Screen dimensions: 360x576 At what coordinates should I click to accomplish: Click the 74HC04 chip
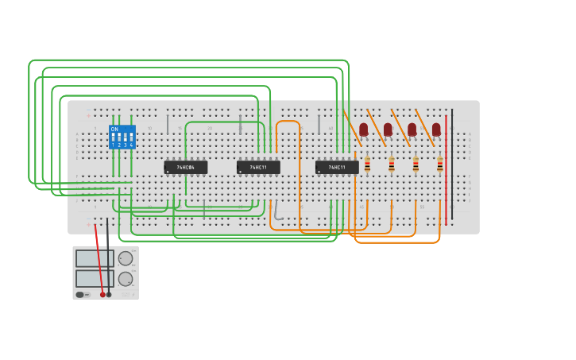coord(185,167)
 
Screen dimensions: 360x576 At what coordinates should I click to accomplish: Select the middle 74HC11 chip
coord(258,167)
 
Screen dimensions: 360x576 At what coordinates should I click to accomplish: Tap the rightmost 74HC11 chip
coord(337,167)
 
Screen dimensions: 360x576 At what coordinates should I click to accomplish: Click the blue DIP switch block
coord(122,137)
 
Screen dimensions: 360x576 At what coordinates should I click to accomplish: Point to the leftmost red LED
coord(363,129)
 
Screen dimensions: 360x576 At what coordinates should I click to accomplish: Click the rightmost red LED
coord(436,129)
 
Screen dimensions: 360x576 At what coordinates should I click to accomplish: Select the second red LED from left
coord(388,129)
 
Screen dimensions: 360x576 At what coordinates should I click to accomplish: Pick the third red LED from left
coord(412,129)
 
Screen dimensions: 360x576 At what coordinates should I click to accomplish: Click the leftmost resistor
coord(367,165)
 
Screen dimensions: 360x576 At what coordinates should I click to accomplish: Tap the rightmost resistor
coord(440,165)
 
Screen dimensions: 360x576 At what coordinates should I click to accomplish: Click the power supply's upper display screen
coord(95,258)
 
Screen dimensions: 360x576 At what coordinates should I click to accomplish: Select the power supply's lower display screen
coord(95,278)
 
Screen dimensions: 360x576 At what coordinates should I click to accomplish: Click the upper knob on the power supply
coord(126,258)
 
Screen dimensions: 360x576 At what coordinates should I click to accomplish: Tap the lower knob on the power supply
coord(126,279)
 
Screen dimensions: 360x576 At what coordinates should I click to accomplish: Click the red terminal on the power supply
coord(102,294)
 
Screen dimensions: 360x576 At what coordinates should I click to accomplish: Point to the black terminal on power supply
coord(109,294)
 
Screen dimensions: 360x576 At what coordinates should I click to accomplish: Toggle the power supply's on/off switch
coord(80,295)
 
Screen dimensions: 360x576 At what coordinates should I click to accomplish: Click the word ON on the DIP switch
coord(114,129)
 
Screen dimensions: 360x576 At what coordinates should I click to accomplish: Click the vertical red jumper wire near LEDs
coord(446,167)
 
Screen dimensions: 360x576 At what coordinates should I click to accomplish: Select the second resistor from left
coord(392,165)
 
